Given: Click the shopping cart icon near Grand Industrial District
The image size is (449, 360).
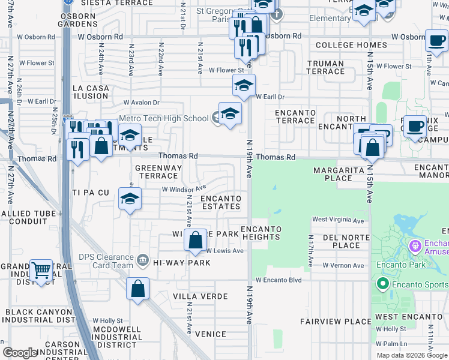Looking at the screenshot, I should coord(41,271).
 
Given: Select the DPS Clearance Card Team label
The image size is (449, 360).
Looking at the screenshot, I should coord(106,261).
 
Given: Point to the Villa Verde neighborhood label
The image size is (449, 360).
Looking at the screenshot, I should coord(200,296).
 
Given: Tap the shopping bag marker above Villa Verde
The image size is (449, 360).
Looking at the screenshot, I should coord(138,289).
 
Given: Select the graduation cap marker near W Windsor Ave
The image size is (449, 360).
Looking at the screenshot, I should coord(130,199).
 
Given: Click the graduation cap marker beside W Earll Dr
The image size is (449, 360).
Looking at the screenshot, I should coord(244,86).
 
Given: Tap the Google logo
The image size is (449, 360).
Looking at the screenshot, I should coord(20,353).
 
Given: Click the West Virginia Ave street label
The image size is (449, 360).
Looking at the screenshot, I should coord(338,220).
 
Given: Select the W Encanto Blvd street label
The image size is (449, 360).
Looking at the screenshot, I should coord(278,280).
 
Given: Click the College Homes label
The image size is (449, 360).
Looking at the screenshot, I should coord(351,45).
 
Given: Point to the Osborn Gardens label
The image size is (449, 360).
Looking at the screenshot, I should coord(77,20).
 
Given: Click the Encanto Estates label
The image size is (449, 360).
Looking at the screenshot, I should coord(221,202).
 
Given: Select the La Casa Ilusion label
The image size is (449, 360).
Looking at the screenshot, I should coord(91,92).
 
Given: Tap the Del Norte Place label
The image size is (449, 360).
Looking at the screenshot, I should coord(341,241).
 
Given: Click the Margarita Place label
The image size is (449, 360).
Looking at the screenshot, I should coord(338,174).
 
